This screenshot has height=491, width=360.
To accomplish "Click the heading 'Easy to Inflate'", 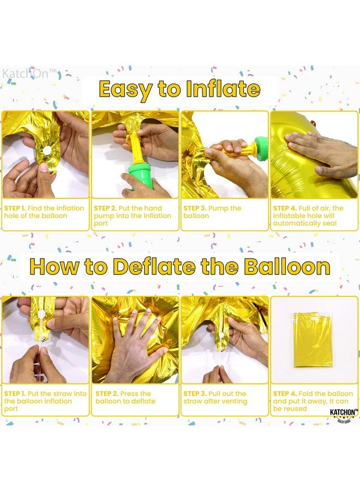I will [179, 89].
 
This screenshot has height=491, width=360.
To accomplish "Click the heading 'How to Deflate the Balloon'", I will [179, 267].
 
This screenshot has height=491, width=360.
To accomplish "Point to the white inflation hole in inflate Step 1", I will [46, 149].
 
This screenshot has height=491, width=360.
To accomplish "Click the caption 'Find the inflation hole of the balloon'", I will [44, 212].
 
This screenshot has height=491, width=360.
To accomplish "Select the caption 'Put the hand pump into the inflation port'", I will [134, 215].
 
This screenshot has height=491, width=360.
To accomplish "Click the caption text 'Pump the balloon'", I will [212, 212].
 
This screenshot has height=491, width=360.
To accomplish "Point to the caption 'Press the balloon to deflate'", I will [125, 397].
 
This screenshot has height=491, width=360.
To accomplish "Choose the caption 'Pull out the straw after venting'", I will [215, 397].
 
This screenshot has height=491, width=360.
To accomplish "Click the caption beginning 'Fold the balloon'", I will [312, 401].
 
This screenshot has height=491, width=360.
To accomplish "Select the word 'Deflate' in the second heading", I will [154, 267].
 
